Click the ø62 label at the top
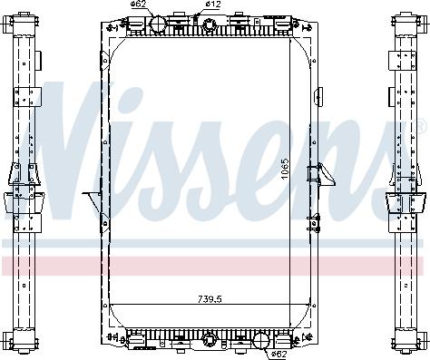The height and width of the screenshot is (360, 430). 139,5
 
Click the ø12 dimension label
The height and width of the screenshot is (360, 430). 212,5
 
